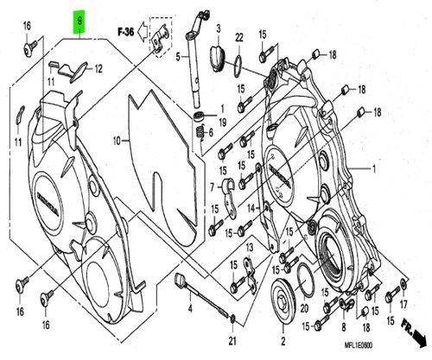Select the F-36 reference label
[127, 30]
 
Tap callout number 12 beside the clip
[98, 69]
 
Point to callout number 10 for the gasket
[116, 139]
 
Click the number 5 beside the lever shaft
[179, 57]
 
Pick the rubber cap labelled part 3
[216, 57]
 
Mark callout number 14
[251, 208]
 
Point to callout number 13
[249, 249]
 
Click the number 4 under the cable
[189, 307]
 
